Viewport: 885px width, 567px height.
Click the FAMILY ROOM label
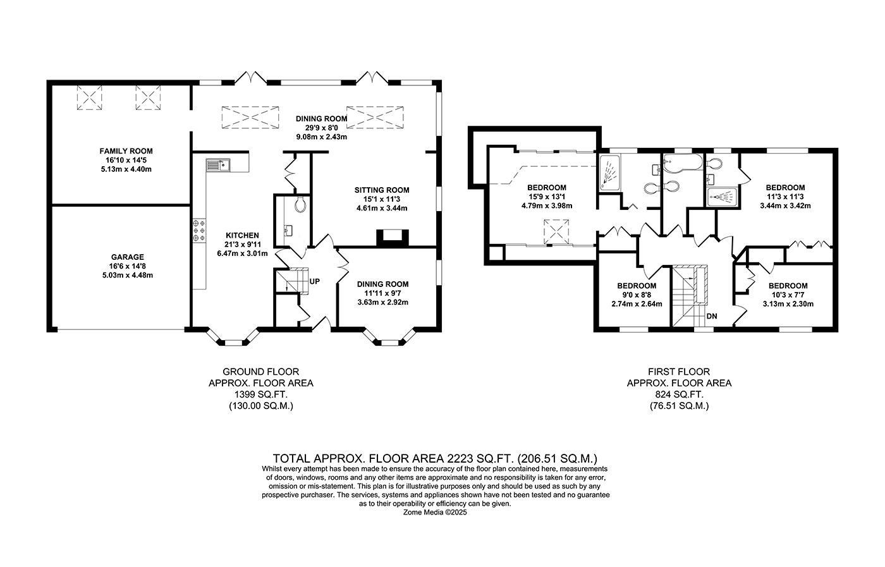coord(126,151)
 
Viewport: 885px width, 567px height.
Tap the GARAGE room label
coord(127,257)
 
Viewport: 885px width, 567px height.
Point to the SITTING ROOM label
coord(381,190)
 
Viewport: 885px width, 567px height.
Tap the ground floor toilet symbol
coord(301,204)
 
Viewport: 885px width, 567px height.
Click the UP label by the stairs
coord(314,281)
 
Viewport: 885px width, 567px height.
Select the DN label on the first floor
coord(712,316)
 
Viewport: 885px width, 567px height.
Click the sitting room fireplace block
coord(393,237)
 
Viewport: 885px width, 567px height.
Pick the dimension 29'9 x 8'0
coord(322,128)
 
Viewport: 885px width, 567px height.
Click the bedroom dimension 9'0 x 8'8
coord(637,295)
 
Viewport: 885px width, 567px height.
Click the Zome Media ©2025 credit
coord(435,513)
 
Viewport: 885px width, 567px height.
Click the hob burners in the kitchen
coord(200,230)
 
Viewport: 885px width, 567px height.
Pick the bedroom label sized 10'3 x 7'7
coord(788,286)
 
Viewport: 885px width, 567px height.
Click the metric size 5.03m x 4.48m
coord(127,275)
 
